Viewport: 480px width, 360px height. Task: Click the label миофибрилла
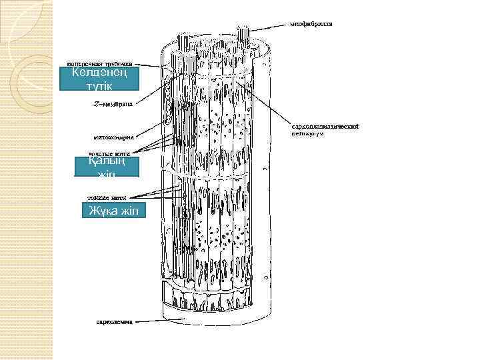(311, 24)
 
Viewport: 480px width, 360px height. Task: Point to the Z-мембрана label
(112, 104)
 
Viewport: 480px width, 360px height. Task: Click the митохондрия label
(113, 137)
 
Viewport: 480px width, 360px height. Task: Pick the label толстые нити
(109, 153)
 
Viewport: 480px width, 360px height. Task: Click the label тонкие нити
(109, 197)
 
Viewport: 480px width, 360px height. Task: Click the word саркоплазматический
(326, 126)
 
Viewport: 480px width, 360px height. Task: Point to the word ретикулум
(307, 133)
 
